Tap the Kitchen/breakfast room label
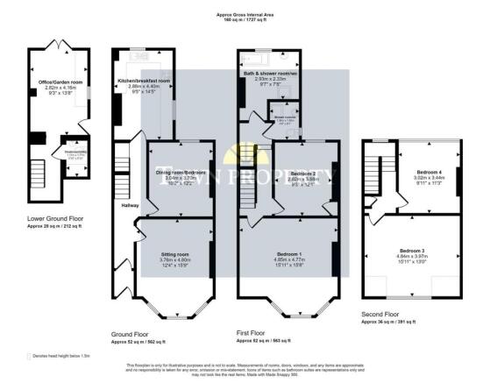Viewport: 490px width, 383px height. (144, 81)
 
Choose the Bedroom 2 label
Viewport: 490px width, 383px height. (302, 174)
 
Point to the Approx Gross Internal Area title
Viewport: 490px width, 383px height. (244, 13)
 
